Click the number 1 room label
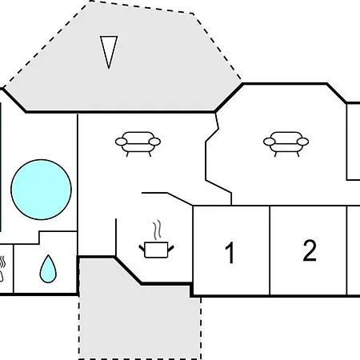[x=230, y=252]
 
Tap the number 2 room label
[x=310, y=250]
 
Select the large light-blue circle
[x=41, y=190]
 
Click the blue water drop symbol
[x=48, y=269]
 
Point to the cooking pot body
[x=156, y=250]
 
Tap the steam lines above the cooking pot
[x=158, y=230]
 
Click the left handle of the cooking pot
[x=142, y=249]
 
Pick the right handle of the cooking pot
[x=170, y=249]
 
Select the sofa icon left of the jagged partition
[x=138, y=144]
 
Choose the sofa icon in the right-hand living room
[x=286, y=144]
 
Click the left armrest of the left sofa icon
[x=121, y=142]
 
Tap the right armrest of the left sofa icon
[x=154, y=142]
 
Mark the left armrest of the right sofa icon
[x=269, y=142]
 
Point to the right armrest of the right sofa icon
[x=303, y=142]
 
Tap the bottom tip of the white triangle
[x=109, y=69]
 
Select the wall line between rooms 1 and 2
[x=270, y=250]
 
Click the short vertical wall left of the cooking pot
[x=116, y=238]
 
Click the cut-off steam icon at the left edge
[x=2, y=269]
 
